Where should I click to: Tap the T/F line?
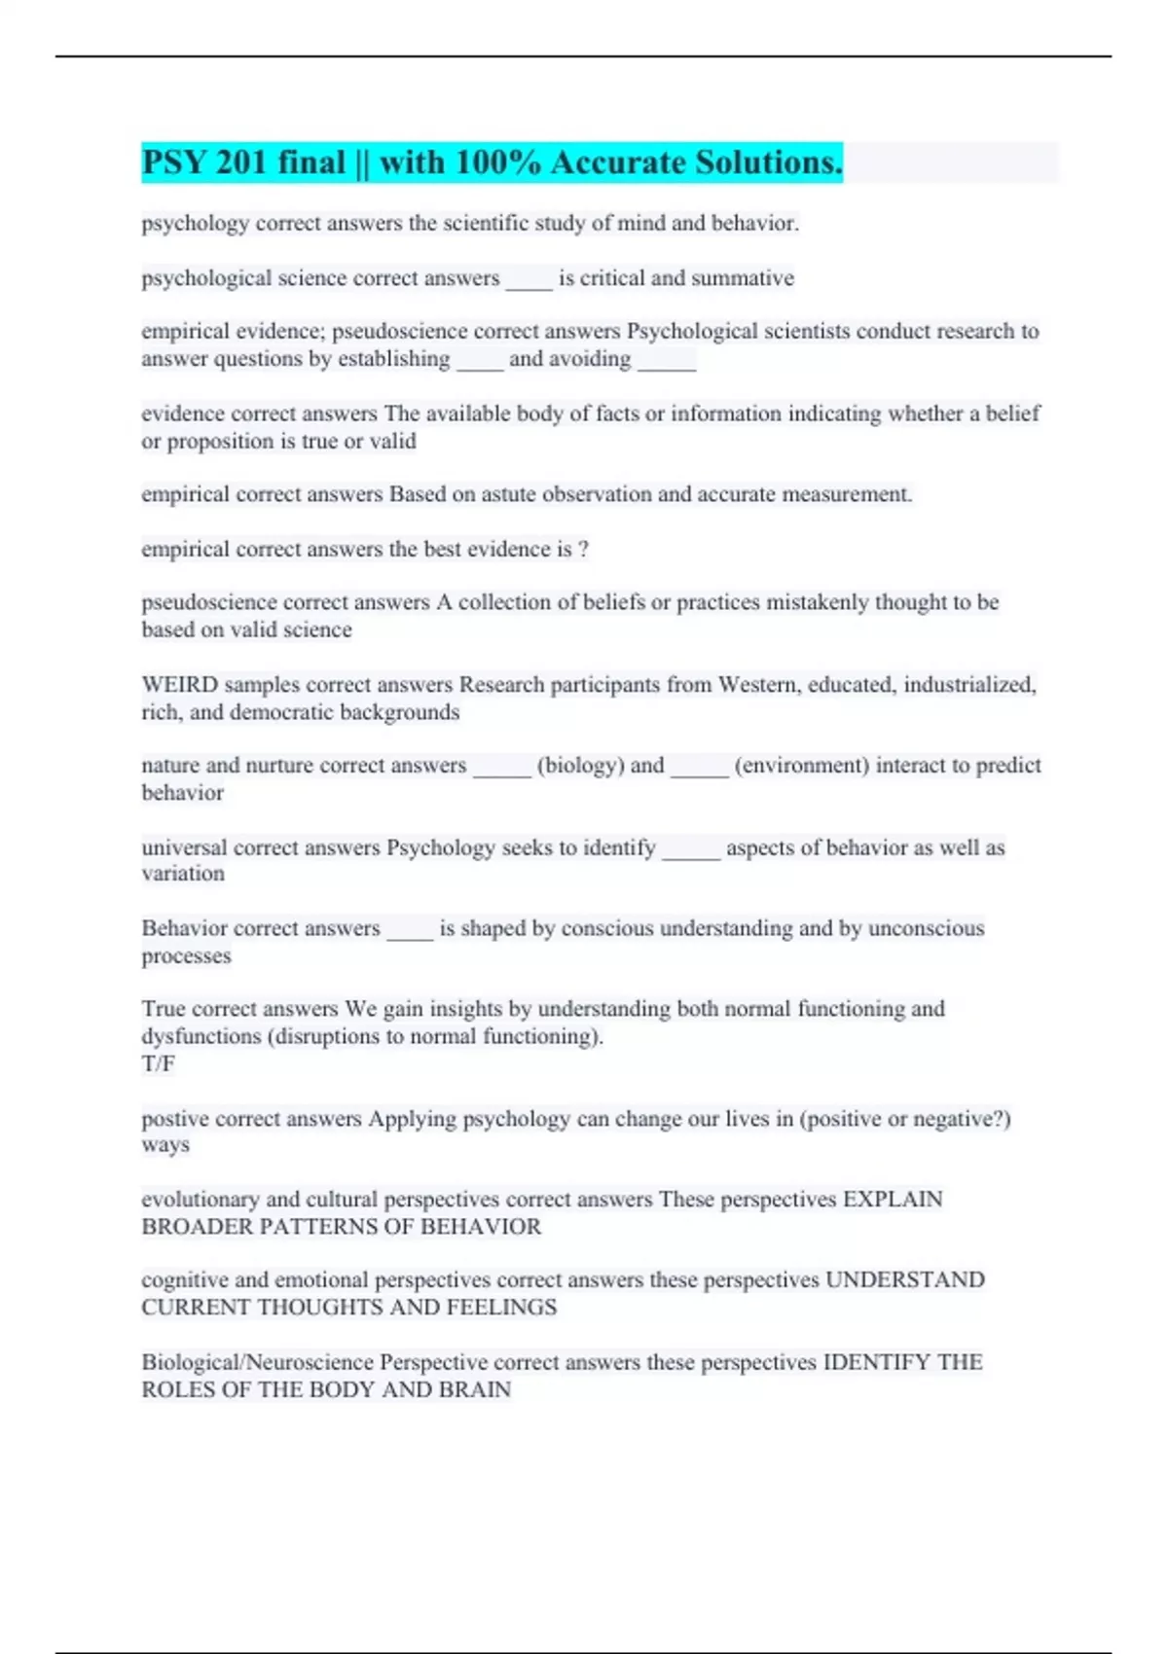(158, 1063)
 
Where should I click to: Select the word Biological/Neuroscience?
(257, 1362)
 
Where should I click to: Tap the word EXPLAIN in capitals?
(892, 1199)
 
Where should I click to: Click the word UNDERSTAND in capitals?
(904, 1279)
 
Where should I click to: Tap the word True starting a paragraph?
(163, 1009)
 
